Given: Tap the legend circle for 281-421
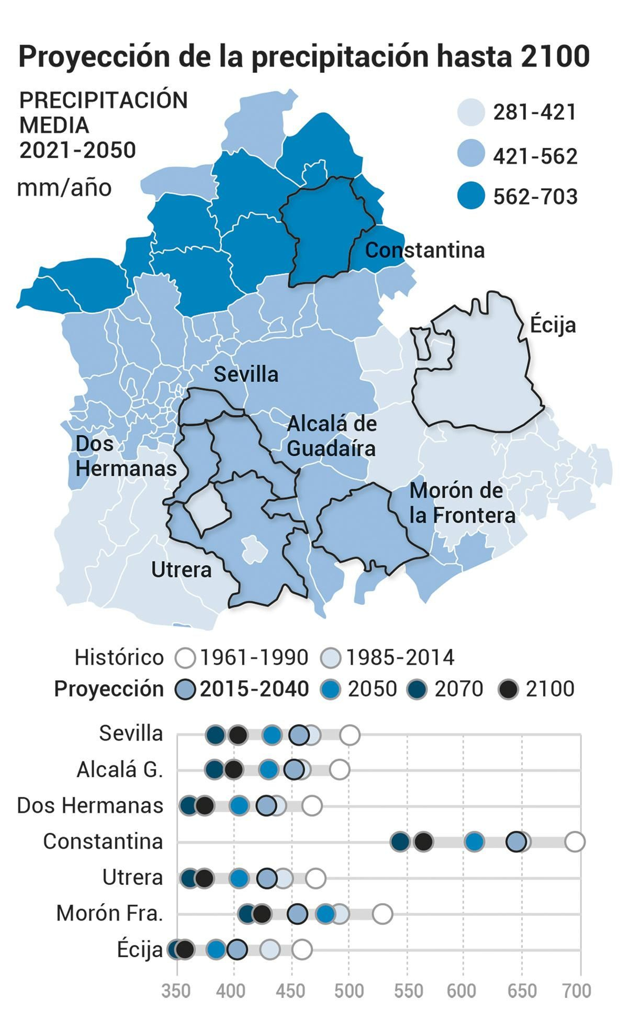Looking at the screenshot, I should [471, 112].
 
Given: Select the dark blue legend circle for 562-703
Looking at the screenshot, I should [471, 195].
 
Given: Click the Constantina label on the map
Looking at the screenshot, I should [424, 250].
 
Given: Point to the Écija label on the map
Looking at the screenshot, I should [553, 325].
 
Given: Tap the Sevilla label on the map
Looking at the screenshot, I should [246, 374].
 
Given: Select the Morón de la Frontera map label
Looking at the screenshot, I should [462, 503].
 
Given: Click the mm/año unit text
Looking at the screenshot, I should [64, 188].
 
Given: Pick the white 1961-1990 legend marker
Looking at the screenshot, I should [185, 658].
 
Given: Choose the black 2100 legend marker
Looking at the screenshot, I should [508, 690].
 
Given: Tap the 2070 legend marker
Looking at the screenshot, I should [417, 690].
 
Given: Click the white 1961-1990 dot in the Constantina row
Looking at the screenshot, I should [575, 842].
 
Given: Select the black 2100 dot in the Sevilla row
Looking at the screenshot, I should [238, 735].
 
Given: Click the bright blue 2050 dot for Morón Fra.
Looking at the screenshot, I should [325, 914].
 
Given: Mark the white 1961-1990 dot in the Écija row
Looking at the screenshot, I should [302, 950].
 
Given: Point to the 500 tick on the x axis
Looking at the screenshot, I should [349, 991].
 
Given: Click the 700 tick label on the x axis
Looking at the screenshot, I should [577, 991].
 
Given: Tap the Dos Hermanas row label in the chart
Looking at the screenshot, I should [90, 805].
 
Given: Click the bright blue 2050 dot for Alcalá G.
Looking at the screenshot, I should [268, 769].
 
